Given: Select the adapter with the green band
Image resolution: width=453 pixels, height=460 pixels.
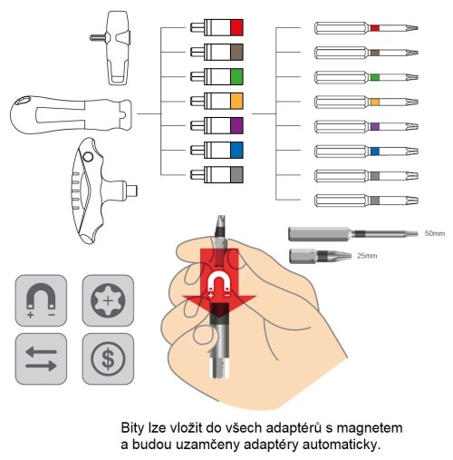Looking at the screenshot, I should click(x=223, y=76).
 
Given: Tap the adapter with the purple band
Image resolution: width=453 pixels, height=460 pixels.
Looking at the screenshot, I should click(x=223, y=124).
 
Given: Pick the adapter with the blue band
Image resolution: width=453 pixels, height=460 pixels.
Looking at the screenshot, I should click(x=223, y=149).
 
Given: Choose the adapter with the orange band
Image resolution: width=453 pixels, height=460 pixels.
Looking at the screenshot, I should click(x=223, y=100).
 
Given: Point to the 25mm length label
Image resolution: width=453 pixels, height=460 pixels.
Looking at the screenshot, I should click(x=366, y=257).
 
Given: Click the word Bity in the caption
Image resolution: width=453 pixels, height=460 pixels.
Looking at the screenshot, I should click(x=136, y=426).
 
